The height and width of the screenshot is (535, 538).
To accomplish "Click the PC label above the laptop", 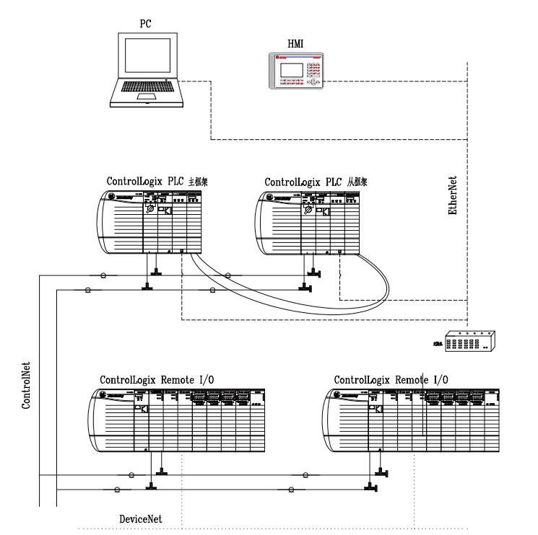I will [x=144, y=25].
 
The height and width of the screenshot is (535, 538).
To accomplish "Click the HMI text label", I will [x=295, y=45].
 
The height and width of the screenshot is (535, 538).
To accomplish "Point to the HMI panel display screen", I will [x=289, y=71].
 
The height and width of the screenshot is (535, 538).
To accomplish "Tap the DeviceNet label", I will [x=141, y=518].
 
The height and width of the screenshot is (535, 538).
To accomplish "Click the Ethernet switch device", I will [x=469, y=342].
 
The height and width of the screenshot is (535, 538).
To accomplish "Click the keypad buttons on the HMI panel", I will [x=313, y=71].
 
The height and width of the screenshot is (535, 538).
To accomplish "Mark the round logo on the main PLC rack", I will [x=113, y=197].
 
